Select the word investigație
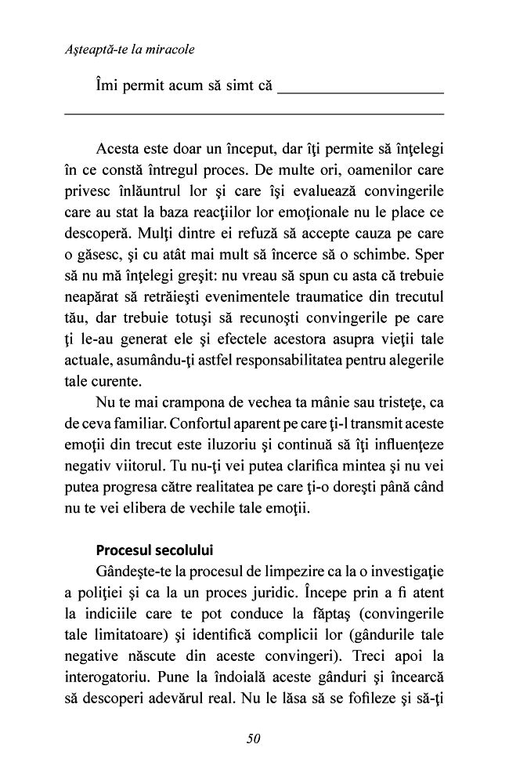coord(403,570)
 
